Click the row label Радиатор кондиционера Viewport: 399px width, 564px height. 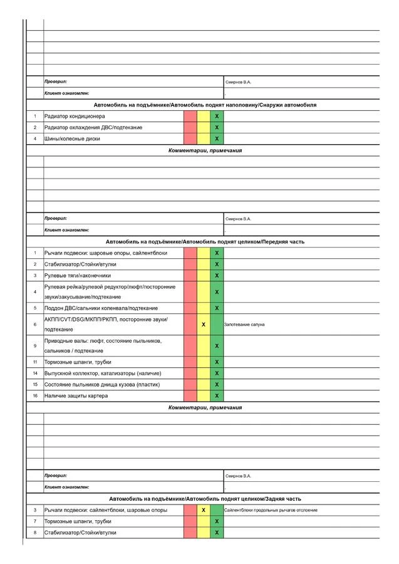75,117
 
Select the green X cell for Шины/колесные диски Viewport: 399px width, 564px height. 217,138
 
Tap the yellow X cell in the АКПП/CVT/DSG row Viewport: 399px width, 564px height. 204,325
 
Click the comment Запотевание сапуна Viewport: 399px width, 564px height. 244,325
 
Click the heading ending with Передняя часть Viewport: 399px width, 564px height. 205,241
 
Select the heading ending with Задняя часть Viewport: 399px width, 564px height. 205,499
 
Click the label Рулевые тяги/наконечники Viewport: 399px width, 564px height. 78,275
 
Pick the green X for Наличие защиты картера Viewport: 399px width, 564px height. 217,395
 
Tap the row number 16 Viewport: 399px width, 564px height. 35,395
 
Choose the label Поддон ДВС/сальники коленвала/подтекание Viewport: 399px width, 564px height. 101,308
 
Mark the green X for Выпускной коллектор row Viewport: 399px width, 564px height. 217,373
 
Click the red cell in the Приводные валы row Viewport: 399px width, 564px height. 190,346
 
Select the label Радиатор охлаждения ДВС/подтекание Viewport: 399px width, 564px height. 93,128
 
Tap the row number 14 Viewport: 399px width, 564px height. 35,373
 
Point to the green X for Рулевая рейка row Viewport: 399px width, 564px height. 217,292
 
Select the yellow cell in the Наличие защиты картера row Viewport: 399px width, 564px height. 204,395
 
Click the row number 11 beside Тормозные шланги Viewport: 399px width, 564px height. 35,362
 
